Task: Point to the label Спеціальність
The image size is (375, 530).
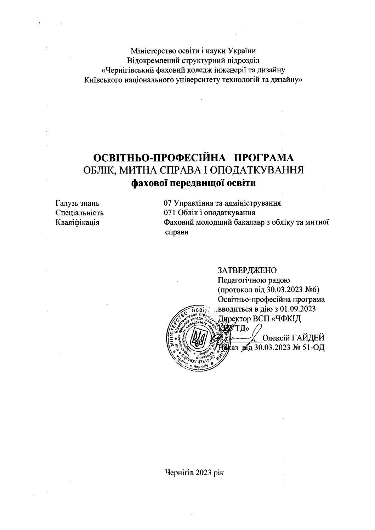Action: [80, 213]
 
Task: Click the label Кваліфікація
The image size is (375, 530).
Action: [77, 222]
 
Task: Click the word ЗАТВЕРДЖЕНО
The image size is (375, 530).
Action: [248, 270]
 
